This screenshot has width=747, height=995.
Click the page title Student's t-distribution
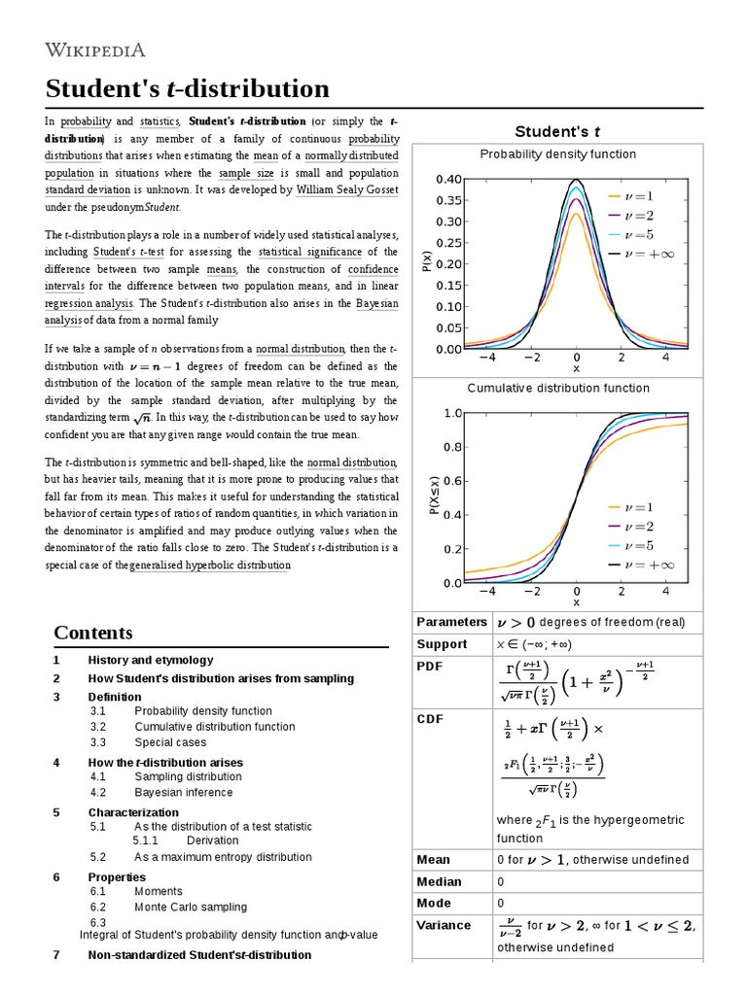[x=188, y=89]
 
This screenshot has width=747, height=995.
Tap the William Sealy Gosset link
[x=347, y=190]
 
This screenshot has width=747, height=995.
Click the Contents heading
[x=93, y=633]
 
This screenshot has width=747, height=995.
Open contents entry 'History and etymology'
[x=151, y=660]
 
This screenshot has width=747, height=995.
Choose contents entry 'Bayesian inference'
[x=184, y=792]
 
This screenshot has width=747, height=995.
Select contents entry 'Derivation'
[x=212, y=840]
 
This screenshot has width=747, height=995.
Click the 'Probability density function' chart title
[x=557, y=154]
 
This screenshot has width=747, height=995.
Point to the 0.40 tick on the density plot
[x=448, y=180]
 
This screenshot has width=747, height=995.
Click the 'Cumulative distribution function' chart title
[x=557, y=388]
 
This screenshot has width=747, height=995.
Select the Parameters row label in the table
[x=451, y=622]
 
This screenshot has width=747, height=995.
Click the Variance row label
[x=444, y=925]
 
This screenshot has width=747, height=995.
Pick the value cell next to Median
[x=500, y=882]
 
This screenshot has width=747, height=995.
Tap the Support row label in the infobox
[x=442, y=644]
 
